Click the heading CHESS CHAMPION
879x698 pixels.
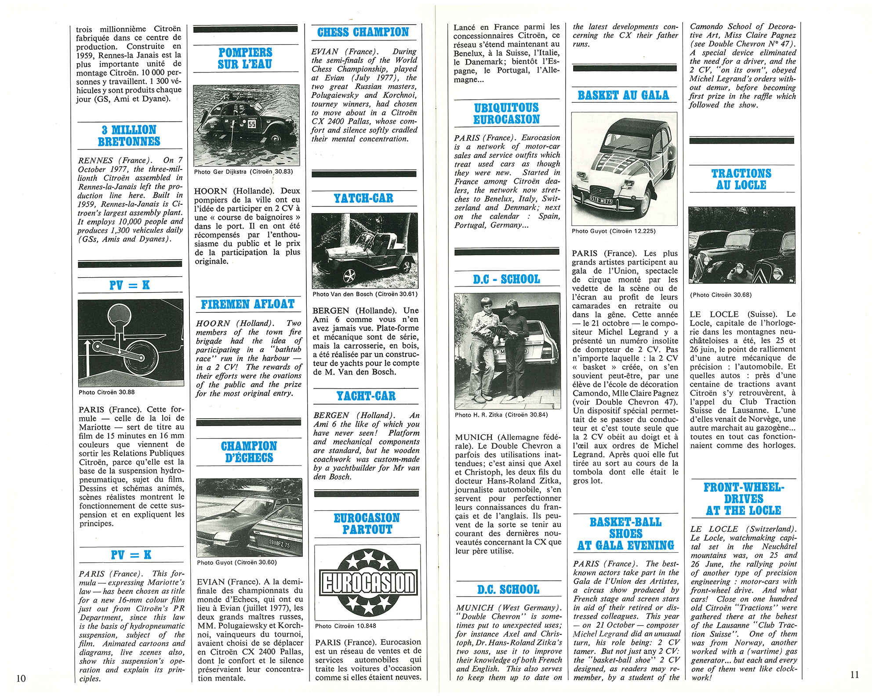[x=363, y=32]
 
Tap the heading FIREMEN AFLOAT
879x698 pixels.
[x=247, y=304]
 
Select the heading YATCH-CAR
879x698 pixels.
[x=363, y=198]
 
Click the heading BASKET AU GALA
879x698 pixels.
[x=623, y=95]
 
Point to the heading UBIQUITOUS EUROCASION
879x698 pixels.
[x=506, y=114]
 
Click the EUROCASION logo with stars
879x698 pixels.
[x=367, y=582]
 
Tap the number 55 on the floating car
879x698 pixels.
[x=252, y=124]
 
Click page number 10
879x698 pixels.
[x=21, y=678]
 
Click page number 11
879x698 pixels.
[x=854, y=675]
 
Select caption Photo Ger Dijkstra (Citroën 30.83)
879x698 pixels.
[x=243, y=172]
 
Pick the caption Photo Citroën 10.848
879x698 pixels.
[x=345, y=626]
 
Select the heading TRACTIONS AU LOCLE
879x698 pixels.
[x=741, y=179]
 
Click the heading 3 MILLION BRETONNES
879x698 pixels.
[x=129, y=136]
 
